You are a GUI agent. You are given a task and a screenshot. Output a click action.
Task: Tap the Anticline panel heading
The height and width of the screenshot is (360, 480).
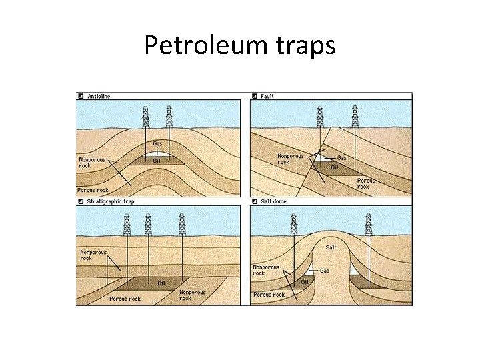click(98, 96)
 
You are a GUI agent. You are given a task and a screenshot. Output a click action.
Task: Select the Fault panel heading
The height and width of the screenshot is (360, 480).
click(267, 96)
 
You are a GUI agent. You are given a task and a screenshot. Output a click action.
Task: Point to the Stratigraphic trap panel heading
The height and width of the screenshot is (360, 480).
click(110, 201)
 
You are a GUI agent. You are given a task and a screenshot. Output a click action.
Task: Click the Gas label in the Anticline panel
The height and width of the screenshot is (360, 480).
click(157, 143)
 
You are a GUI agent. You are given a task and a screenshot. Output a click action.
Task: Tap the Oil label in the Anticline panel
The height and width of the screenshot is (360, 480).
click(157, 160)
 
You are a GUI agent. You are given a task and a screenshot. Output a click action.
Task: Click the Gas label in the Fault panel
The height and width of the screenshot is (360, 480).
click(341, 158)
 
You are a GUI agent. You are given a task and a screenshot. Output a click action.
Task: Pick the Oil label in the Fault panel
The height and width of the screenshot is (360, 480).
click(335, 167)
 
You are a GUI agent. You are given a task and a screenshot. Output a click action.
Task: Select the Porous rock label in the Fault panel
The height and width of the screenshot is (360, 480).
click(366, 183)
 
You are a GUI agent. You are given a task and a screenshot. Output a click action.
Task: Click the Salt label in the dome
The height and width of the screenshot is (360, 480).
click(331, 247)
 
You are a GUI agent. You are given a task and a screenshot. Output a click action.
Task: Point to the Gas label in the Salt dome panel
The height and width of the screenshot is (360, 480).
click(325, 271)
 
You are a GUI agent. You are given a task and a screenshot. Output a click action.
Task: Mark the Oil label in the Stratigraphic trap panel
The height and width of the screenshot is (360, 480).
click(161, 283)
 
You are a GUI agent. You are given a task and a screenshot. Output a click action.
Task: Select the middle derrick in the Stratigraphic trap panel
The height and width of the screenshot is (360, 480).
click(148, 225)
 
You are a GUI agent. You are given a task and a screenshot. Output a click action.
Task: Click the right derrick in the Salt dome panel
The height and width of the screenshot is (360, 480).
click(369, 224)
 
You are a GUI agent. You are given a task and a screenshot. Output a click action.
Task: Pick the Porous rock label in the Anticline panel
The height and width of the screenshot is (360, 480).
click(93, 190)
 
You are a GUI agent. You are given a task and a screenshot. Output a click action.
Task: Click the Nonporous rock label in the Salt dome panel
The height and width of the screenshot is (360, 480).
click(266, 270)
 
